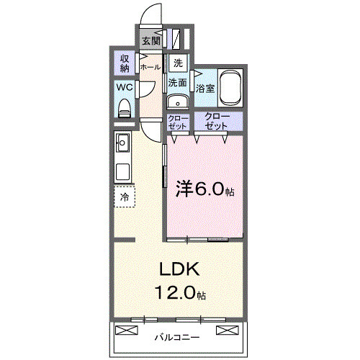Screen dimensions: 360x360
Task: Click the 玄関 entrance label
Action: coord(151,41)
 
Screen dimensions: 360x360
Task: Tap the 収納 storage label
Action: coord(124,64)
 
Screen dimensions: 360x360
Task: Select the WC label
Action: coord(124,89)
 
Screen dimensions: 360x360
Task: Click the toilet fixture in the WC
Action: coord(124,108)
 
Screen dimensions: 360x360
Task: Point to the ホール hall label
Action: coord(150,67)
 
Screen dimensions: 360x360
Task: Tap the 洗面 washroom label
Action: coord(178,83)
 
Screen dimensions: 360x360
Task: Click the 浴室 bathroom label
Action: coord(206,89)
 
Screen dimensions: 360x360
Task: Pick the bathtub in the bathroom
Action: coord(230,87)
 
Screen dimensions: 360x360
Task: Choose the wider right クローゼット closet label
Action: coord(216,121)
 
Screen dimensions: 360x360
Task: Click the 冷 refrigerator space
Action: coord(124,197)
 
